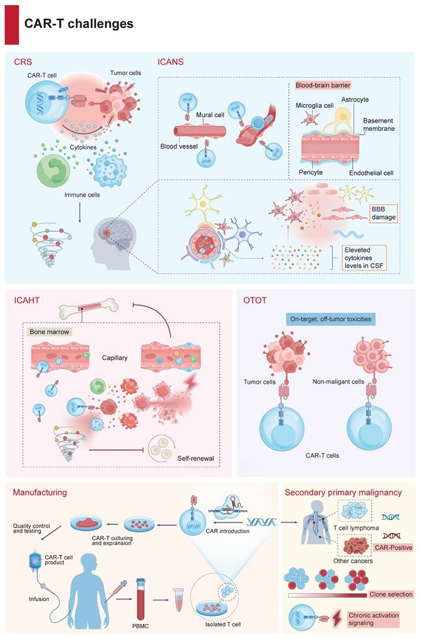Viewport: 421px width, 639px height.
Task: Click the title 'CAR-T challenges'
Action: [x=79, y=24]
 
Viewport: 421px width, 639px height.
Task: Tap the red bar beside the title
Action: [x=11, y=24]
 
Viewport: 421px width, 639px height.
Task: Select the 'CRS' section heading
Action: [x=23, y=62]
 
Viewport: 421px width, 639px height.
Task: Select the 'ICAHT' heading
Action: [x=29, y=299]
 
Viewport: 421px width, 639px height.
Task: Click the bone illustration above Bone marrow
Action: [x=88, y=308]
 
